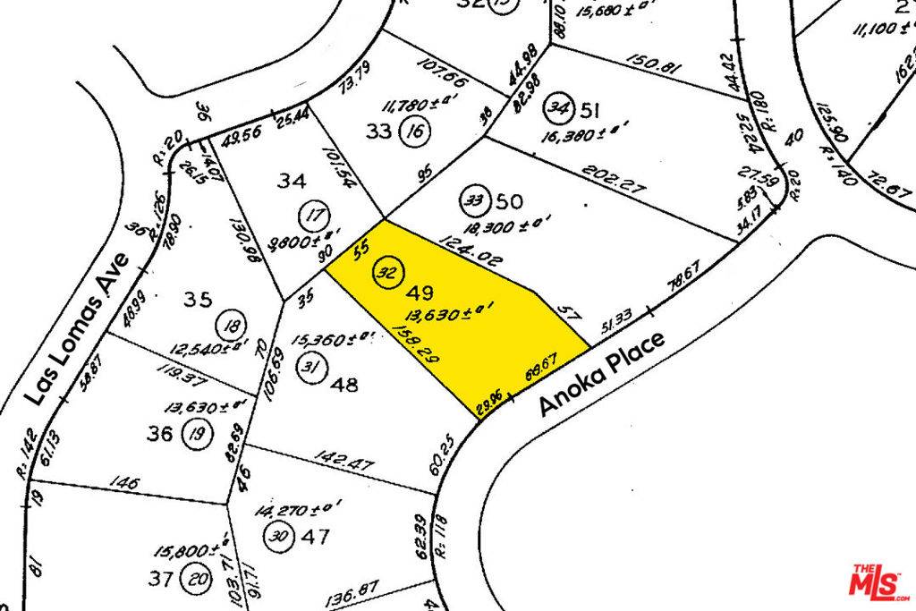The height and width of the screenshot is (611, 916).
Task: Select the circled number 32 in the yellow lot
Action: pos(388,273)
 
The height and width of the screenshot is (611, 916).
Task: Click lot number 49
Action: pos(420,293)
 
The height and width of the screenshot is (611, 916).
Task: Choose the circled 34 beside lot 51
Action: pos(559,109)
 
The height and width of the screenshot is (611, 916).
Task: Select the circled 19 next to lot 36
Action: pos(195,436)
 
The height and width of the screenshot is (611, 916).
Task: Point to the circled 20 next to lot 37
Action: pos(194,579)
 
